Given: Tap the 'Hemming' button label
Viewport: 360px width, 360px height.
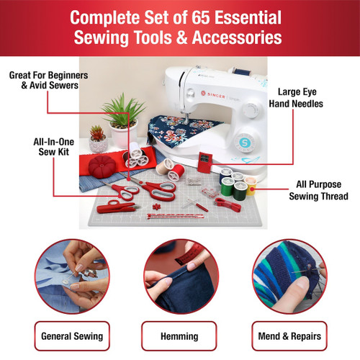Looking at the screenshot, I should [x=180, y=336].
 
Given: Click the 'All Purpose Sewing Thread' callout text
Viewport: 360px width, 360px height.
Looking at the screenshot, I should [x=319, y=189].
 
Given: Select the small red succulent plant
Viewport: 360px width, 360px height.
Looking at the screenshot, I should [x=96, y=133].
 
